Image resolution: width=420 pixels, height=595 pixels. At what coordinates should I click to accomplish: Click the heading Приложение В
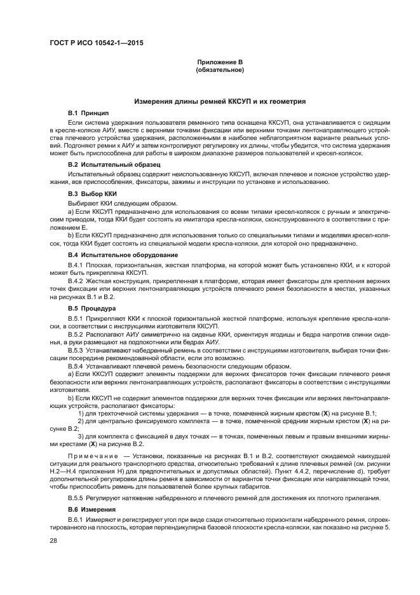point(220,62)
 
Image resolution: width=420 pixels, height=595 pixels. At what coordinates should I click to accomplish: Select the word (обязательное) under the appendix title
point(220,69)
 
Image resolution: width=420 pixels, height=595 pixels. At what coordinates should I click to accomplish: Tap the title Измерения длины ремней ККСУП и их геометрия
point(220,101)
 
